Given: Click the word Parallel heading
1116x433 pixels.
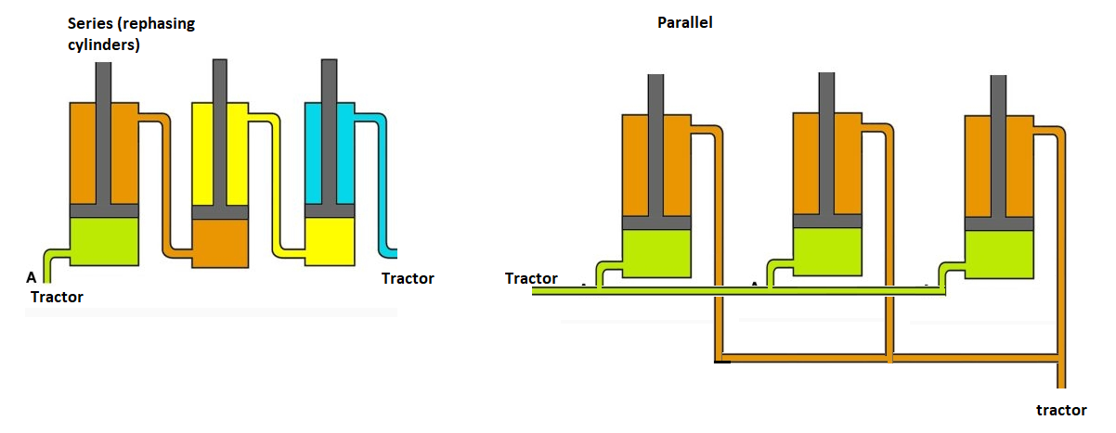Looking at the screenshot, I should [x=684, y=22].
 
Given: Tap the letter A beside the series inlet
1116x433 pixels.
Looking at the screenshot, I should [x=32, y=277].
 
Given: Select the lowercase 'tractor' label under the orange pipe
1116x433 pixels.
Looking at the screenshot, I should [x=1061, y=410].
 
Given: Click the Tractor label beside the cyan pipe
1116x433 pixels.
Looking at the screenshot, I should [x=408, y=278].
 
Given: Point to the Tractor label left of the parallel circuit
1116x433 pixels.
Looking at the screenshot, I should [x=531, y=278].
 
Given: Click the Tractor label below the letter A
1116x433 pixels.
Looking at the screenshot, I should [x=57, y=297].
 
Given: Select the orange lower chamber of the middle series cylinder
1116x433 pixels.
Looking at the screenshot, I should [x=220, y=243].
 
